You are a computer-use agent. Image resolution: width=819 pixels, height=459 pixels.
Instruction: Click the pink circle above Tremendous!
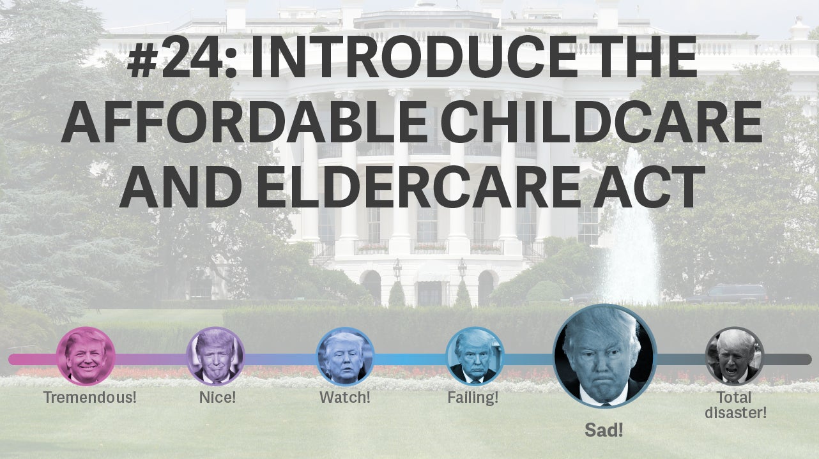point(86,356)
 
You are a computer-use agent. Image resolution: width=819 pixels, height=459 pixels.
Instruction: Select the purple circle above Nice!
point(215,356)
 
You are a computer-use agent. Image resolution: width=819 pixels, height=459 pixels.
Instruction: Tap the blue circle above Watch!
point(345,356)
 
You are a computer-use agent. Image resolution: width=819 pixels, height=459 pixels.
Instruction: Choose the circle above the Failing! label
point(475,356)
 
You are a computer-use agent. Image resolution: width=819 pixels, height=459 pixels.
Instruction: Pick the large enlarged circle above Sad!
point(604,356)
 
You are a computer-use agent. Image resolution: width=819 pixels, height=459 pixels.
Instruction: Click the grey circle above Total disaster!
point(734,356)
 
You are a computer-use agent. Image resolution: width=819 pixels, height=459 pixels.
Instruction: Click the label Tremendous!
point(89,397)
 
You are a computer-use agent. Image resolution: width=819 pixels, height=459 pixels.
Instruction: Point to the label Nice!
point(218,397)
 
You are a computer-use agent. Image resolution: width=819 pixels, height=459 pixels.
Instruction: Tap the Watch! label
point(345,397)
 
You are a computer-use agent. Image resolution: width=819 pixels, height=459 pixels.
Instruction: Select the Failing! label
point(473,398)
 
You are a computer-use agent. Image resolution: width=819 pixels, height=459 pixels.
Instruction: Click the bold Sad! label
point(604,430)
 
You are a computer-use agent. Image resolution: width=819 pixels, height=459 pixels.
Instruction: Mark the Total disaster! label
point(735,405)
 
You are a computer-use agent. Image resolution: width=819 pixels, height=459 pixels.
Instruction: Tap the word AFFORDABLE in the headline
point(245,122)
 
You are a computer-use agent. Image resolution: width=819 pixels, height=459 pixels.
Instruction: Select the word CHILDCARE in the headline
point(601,122)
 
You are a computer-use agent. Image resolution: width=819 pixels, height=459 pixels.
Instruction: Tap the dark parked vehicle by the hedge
point(728,294)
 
